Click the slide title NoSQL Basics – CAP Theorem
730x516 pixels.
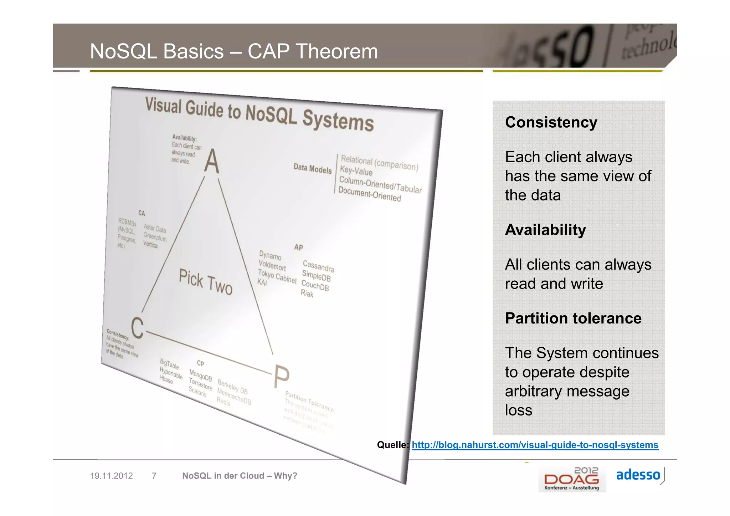233,51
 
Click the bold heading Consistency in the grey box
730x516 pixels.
551,122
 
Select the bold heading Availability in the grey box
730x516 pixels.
545,230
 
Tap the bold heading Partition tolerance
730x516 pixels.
573,318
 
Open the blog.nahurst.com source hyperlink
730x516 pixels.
535,445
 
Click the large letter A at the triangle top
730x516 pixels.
212,162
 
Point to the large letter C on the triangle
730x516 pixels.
137,327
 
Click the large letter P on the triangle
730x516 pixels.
281,377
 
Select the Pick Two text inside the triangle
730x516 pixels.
206,282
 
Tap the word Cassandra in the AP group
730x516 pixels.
318,266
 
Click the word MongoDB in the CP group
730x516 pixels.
200,375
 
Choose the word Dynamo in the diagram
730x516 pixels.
270,255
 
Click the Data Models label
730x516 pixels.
312,169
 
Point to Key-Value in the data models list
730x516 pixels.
356,171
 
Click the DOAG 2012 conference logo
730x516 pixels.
571,479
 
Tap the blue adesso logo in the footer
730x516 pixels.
638,475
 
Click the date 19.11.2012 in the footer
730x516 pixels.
111,476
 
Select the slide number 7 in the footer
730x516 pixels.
154,476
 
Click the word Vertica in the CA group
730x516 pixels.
150,244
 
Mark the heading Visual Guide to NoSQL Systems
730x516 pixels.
259,114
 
